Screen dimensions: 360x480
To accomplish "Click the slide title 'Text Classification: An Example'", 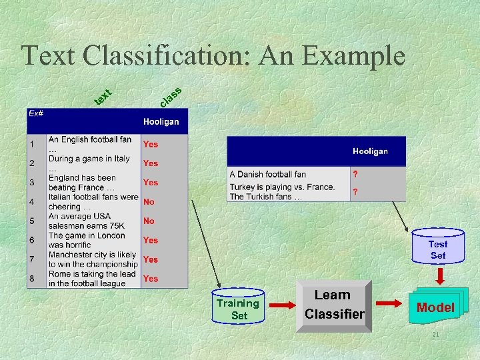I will [x=213, y=55].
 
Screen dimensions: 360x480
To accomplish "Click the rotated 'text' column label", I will [x=102, y=97].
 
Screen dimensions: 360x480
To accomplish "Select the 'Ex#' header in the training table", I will [x=36, y=114].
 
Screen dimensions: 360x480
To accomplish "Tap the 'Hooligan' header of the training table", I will [x=161, y=122].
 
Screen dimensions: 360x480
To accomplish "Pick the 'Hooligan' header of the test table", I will [x=370, y=151].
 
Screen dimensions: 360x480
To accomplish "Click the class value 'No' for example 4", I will [x=149, y=201].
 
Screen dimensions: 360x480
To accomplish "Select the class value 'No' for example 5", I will [x=149, y=221].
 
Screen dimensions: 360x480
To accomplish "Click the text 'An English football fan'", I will [x=90, y=140].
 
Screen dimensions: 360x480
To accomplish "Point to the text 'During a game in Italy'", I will [x=89, y=159].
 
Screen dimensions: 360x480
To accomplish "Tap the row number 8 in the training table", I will [x=31, y=278].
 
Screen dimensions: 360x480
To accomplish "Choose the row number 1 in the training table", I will [x=31, y=144].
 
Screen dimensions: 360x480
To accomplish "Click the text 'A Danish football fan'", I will [x=268, y=175].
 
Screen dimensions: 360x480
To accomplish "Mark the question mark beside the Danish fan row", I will [x=355, y=175].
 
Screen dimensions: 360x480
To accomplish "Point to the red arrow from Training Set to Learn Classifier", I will [x=281, y=306].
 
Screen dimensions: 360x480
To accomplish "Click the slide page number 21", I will [x=435, y=334].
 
